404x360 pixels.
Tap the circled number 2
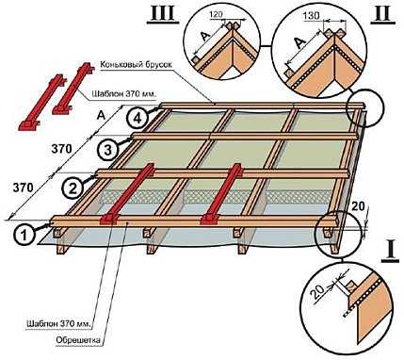pyautogui.click(x=73, y=188)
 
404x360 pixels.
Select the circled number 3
pyautogui.click(x=107, y=150)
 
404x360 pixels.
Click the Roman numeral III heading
pyautogui.click(x=163, y=13)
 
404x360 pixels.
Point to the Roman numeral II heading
pyautogui.click(x=382, y=13)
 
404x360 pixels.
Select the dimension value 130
pyautogui.click(x=312, y=16)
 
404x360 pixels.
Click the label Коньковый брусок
pyautogui.click(x=137, y=65)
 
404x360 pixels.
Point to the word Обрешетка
pyautogui.click(x=78, y=340)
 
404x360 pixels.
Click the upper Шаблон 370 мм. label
pyautogui.click(x=124, y=93)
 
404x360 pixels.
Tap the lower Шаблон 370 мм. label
pyautogui.click(x=59, y=323)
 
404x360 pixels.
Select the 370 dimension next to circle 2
pyautogui.click(x=23, y=188)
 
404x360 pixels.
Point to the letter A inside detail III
pyautogui.click(x=205, y=37)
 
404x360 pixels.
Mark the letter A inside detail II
pyautogui.click(x=298, y=42)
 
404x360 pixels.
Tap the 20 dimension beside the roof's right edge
pyautogui.click(x=358, y=206)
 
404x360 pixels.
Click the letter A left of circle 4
pyautogui.click(x=101, y=116)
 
